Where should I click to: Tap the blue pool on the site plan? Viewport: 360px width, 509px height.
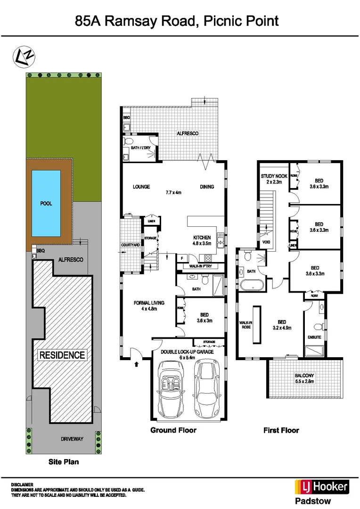pos(46,204)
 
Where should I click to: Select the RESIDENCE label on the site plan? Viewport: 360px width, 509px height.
pos(61,355)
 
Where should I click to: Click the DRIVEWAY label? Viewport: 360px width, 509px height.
pos(72,439)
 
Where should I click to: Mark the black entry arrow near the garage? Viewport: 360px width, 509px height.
pos(137,363)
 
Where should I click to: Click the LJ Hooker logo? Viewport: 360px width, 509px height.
pos(321,487)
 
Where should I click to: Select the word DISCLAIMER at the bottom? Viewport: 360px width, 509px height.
pos(22,484)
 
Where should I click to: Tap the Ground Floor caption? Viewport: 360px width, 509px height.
pos(173,430)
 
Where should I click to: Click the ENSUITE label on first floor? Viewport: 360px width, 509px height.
pos(314,337)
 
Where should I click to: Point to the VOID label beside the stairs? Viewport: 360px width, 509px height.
pos(266,242)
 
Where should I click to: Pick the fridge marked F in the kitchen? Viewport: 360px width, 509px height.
pos(182,258)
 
